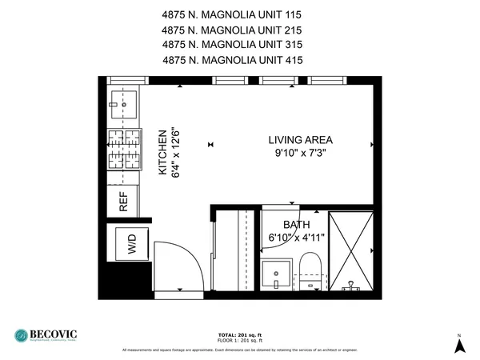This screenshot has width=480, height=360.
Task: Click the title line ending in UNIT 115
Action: [234, 15]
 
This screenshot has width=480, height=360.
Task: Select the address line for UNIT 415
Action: [234, 59]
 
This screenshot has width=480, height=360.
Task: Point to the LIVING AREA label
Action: [301, 140]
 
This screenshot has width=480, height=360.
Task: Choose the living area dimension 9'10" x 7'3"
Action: [301, 152]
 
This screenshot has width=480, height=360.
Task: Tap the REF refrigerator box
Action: [124, 201]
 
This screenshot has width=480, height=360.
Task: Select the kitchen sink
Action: [124, 101]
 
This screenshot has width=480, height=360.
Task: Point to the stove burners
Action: [126, 150]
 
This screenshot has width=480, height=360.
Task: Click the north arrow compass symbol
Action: [459, 345]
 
